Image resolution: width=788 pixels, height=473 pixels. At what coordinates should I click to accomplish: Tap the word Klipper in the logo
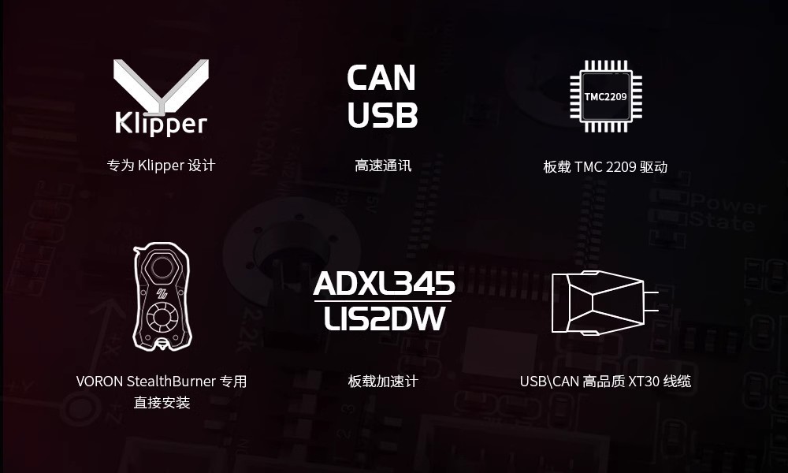coord(161,123)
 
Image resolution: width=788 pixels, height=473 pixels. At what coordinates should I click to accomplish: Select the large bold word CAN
coord(381,78)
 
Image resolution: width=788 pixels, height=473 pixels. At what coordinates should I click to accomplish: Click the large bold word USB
coord(382,115)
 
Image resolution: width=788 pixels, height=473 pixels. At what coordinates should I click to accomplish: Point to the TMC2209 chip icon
coord(605,96)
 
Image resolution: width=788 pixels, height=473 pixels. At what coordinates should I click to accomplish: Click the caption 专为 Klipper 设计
coord(161,166)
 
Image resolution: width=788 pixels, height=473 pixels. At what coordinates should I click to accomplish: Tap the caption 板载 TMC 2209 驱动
coord(605,167)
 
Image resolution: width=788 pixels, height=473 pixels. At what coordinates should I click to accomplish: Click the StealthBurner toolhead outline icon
coord(162,296)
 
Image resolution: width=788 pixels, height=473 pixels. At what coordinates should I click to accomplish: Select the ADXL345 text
coord(384,284)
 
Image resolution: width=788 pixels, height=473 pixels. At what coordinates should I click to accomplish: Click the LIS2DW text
coord(384,319)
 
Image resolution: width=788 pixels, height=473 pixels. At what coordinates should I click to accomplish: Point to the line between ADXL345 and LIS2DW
coord(384,301)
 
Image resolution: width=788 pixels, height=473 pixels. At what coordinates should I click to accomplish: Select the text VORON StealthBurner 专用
coord(162,382)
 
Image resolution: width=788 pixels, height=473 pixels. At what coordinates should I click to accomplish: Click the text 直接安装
coord(162,403)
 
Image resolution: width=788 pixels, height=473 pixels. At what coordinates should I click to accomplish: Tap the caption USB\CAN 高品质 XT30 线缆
coord(605,382)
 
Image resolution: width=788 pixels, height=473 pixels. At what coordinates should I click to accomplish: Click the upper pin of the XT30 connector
coord(651,292)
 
